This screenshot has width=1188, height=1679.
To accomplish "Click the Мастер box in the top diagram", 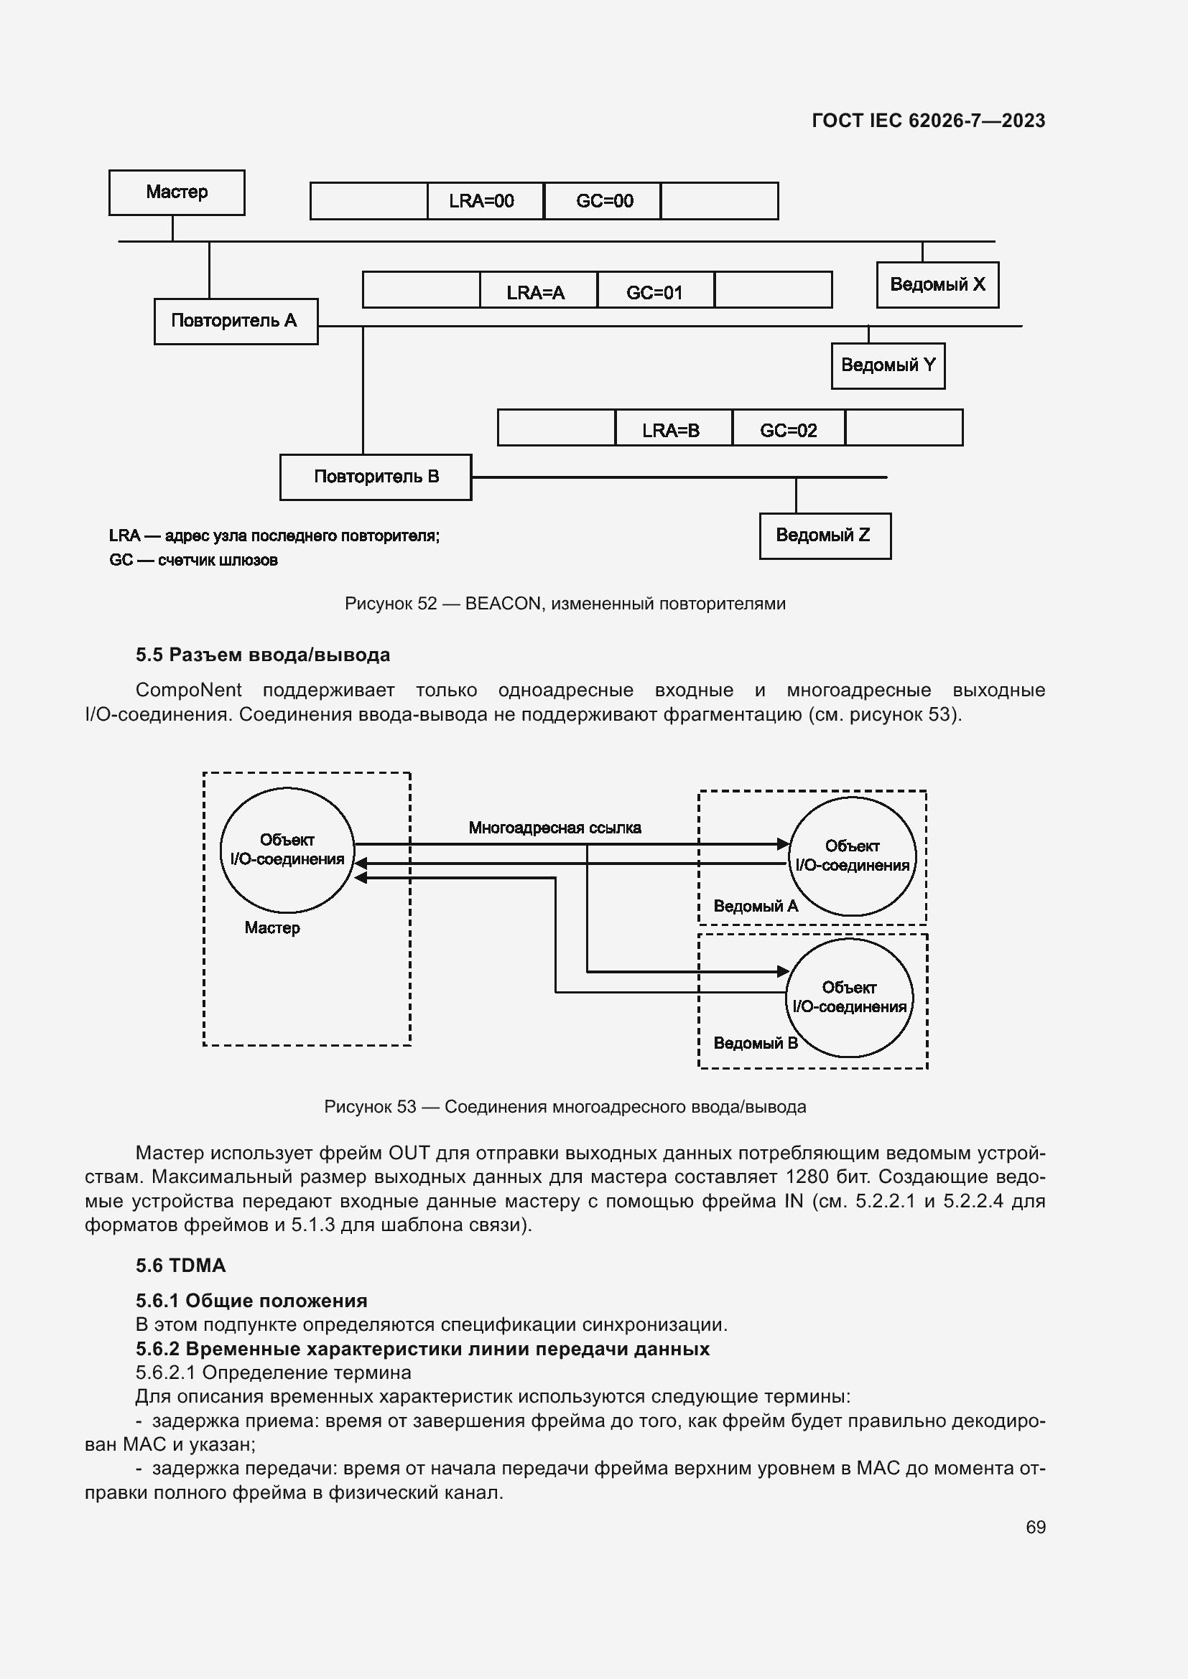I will tap(176, 192).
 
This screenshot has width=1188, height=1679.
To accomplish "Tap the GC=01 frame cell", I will tap(655, 292).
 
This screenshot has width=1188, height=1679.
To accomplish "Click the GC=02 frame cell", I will tap(788, 430).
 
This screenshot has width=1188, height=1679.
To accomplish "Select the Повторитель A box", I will tap(235, 321).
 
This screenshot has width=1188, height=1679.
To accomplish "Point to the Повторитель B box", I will tap(375, 477).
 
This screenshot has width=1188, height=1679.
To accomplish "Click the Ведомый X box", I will tap(937, 284).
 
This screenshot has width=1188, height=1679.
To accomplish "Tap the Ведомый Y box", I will tap(887, 365).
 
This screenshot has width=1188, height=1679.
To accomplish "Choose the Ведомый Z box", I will tap(825, 535).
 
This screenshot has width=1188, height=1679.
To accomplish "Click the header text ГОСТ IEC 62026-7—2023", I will tap(927, 121).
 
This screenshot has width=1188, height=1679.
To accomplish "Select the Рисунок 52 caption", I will tap(565, 603).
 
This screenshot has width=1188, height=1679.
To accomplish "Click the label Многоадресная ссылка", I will tap(554, 828).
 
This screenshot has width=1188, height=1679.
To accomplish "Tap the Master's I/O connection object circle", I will tap(287, 850).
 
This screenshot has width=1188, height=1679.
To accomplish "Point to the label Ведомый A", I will tap(755, 906).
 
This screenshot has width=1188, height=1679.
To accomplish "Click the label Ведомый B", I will tap(755, 1043).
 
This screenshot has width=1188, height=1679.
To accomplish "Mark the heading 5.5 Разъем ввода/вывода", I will tap(263, 655).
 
